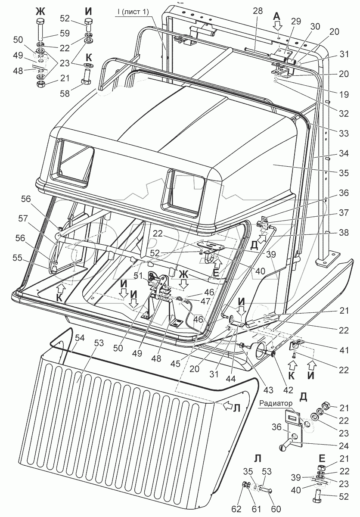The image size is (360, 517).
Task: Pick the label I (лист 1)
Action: [132, 12]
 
